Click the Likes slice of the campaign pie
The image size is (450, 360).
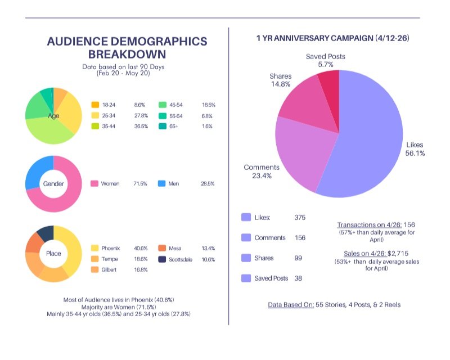click(x=370, y=135)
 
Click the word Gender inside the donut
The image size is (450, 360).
click(x=53, y=184)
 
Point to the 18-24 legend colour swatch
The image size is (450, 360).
click(x=95, y=105)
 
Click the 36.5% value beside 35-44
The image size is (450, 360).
click(x=141, y=127)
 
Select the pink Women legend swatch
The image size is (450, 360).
click(x=94, y=183)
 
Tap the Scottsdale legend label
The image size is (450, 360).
click(x=180, y=259)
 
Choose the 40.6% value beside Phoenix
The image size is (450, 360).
click(x=141, y=248)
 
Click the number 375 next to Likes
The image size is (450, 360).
click(x=300, y=218)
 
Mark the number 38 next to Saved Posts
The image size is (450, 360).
click(x=298, y=278)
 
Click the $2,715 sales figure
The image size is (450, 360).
click(x=398, y=254)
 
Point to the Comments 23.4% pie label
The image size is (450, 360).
click(x=262, y=172)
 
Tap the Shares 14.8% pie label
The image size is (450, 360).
click(x=280, y=80)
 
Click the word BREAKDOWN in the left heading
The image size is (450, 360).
click(x=127, y=54)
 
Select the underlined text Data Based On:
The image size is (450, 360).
click(x=291, y=305)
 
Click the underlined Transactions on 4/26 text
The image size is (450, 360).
click(x=370, y=225)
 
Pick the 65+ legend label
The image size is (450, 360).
click(x=174, y=127)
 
